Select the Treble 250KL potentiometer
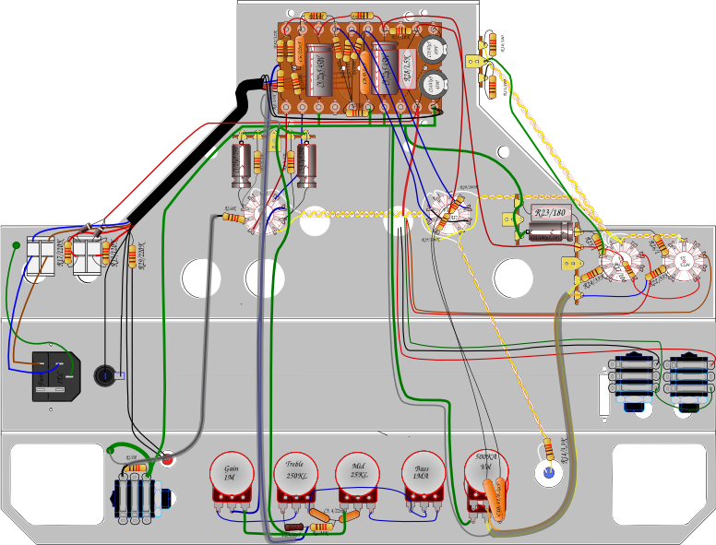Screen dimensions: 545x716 [x=295, y=474]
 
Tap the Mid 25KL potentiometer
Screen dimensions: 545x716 [x=357, y=474]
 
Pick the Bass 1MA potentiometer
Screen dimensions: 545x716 [x=421, y=474]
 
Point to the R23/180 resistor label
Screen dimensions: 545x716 [x=550, y=214]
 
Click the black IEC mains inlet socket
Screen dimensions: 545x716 [x=53, y=375]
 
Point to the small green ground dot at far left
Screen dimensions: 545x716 [x=17, y=245]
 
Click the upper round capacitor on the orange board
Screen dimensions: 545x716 [x=431, y=49]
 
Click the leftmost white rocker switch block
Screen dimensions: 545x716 [x=41, y=259]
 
